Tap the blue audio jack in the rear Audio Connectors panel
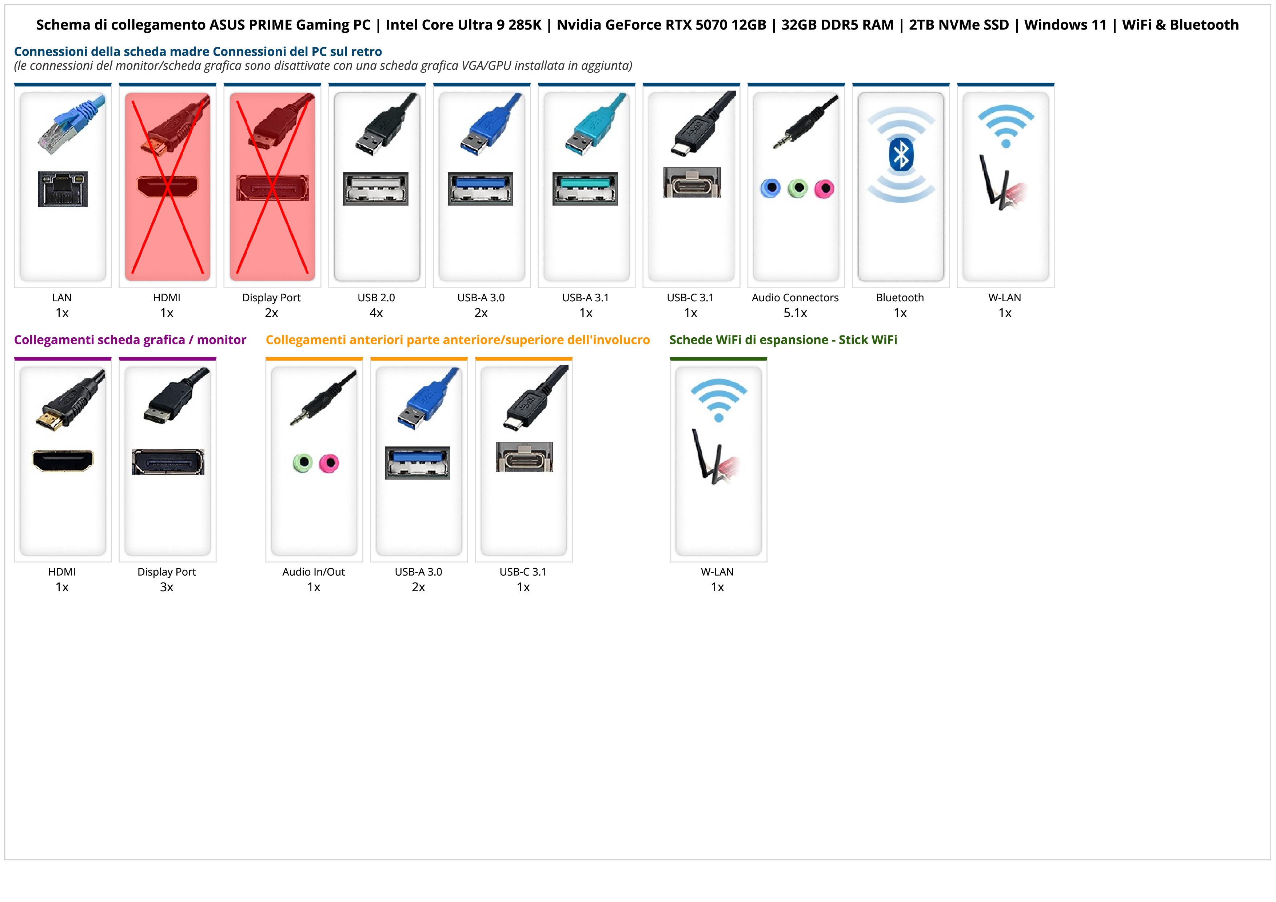pyautogui.click(x=770, y=188)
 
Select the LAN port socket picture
pyautogui.click(x=63, y=189)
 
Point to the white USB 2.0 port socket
pyautogui.click(x=376, y=188)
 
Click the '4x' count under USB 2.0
pyautogui.click(x=376, y=313)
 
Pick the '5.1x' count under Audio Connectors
pyautogui.click(x=795, y=313)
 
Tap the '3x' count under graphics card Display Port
pyautogui.click(x=167, y=587)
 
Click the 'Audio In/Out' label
pyautogui.click(x=314, y=572)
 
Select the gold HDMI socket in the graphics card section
pyautogui.click(x=63, y=460)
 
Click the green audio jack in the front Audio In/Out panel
pyautogui.click(x=302, y=462)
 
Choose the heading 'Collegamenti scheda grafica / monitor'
pyautogui.click(x=130, y=339)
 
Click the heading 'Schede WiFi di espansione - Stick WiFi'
pyautogui.click(x=783, y=339)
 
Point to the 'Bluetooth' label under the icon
pyautogui.click(x=900, y=297)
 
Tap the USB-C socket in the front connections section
pyautogui.click(x=524, y=457)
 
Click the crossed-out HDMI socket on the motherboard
pyautogui.click(x=167, y=187)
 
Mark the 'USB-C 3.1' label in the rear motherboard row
pyautogui.click(x=690, y=297)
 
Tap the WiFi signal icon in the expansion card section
pyautogui.click(x=719, y=400)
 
